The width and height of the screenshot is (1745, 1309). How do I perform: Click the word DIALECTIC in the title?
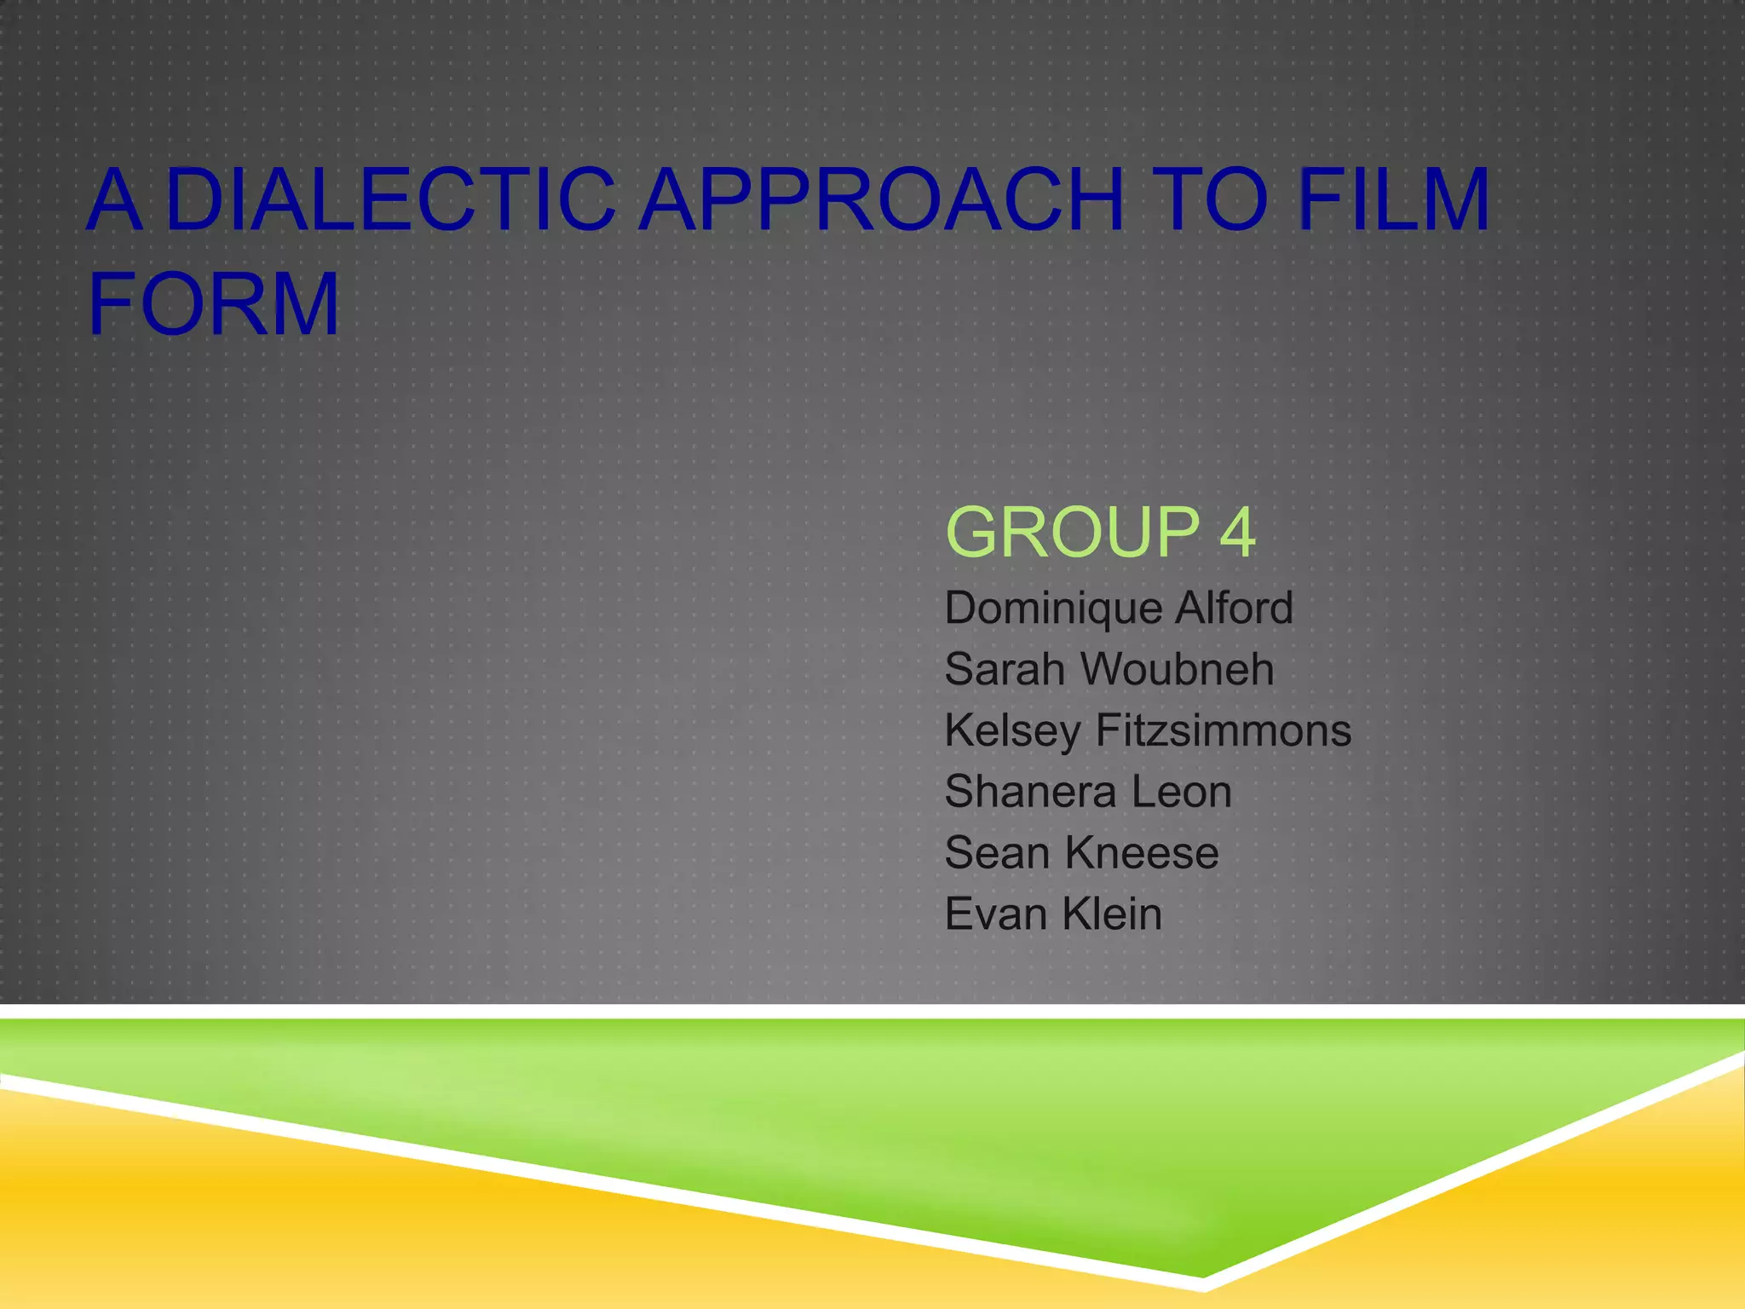coord(390,200)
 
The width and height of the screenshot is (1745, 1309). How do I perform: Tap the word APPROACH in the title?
coord(881,200)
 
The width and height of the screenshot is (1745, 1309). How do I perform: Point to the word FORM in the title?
coord(213,304)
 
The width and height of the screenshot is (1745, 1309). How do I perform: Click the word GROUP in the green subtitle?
coord(1073,533)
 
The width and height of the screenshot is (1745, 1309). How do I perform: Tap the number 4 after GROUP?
coord(1237,533)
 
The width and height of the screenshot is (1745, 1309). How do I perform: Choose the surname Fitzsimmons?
coord(1224,731)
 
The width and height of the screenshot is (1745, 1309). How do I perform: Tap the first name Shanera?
coord(1030,793)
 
